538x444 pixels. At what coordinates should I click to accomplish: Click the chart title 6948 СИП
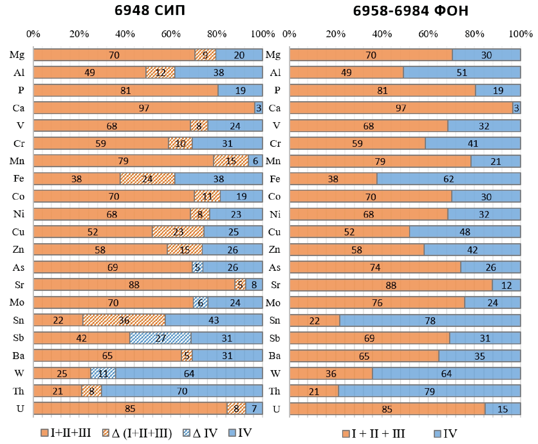click(150, 11)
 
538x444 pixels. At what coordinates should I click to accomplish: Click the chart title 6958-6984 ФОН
click(410, 11)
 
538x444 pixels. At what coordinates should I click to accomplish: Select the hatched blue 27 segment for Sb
click(160, 338)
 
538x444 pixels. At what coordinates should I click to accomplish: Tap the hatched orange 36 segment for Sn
click(124, 320)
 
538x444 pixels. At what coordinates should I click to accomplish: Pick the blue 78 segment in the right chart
click(430, 321)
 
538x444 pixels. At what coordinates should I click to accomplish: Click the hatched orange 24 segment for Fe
click(147, 179)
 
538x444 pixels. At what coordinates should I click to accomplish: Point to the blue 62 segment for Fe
click(448, 179)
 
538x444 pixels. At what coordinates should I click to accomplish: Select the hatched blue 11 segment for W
click(103, 373)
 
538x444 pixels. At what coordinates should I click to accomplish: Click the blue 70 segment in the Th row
click(182, 391)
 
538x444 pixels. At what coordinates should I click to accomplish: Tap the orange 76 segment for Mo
click(377, 303)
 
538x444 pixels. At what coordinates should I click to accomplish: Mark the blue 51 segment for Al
click(462, 73)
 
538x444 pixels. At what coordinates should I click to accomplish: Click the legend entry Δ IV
click(200, 433)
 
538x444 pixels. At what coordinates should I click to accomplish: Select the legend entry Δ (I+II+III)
click(137, 433)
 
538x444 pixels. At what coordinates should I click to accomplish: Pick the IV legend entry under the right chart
click(446, 433)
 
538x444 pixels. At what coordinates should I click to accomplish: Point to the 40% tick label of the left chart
click(125, 34)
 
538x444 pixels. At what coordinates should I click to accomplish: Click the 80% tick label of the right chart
click(474, 34)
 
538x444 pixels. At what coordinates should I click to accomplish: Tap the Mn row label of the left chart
click(17, 161)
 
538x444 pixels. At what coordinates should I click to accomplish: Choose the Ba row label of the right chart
click(275, 356)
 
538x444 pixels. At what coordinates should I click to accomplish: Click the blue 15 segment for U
click(503, 409)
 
